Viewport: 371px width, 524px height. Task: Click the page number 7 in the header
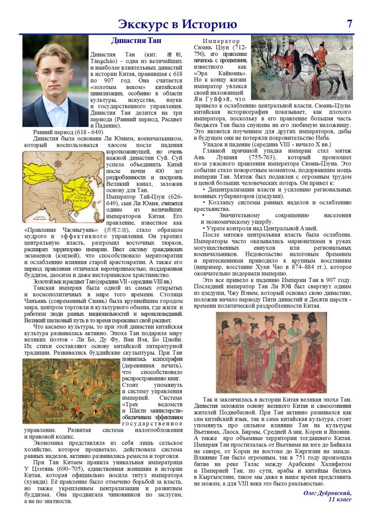[349, 24]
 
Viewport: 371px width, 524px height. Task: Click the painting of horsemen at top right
[302, 67]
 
